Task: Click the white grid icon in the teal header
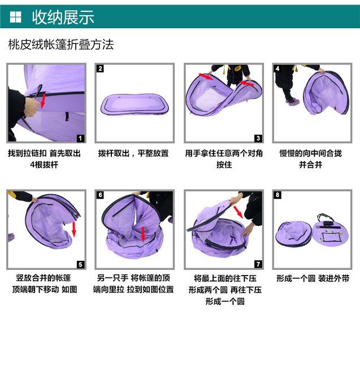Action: pos(15,17)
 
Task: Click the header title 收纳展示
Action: pos(63,17)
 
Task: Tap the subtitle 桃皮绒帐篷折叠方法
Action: pos(61,44)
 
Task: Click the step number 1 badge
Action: pos(80,138)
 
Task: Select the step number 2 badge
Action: pos(100,68)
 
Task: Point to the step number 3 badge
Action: pos(258,138)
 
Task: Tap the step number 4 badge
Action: pos(277,68)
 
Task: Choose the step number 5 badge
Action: pos(80,264)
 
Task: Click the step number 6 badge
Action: pos(100,195)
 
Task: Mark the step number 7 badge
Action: pos(258,264)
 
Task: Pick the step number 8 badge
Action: pos(277,195)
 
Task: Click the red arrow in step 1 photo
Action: pos(43,101)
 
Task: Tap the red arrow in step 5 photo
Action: pos(74,229)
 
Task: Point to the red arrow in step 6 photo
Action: pos(143,234)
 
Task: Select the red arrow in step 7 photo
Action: pos(238,212)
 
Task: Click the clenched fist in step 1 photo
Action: pos(32,107)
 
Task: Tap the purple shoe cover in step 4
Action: pos(292,102)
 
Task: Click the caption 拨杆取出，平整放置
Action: pos(133,154)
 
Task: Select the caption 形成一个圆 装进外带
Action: pos(313,278)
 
